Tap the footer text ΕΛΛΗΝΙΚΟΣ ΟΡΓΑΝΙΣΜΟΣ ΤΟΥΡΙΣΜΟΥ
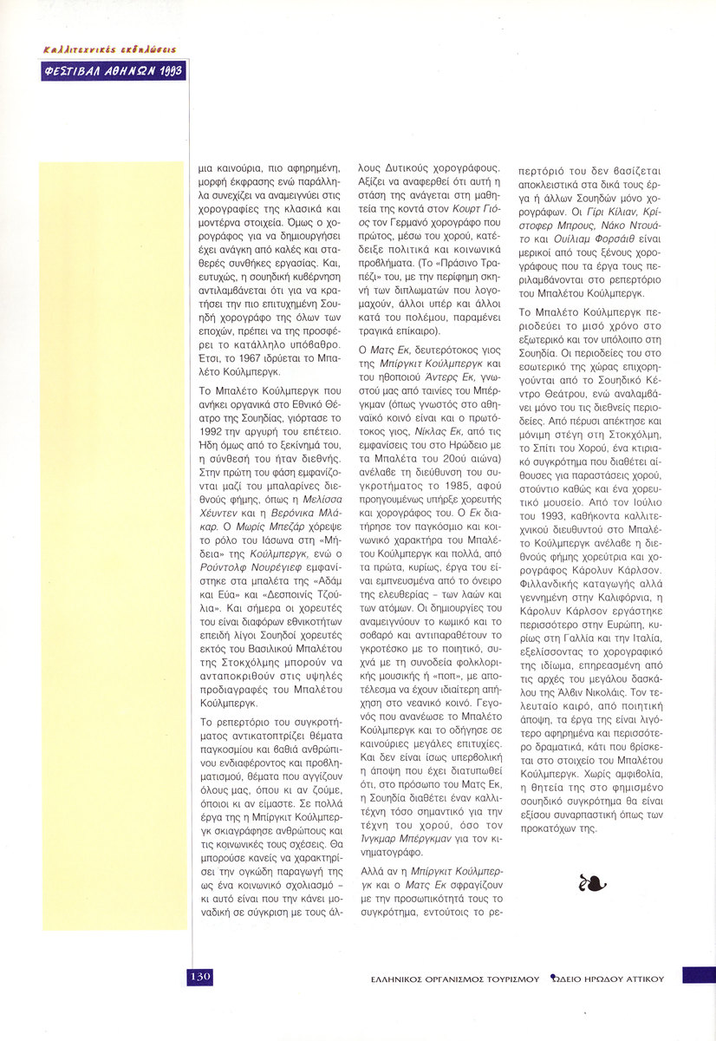451,978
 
